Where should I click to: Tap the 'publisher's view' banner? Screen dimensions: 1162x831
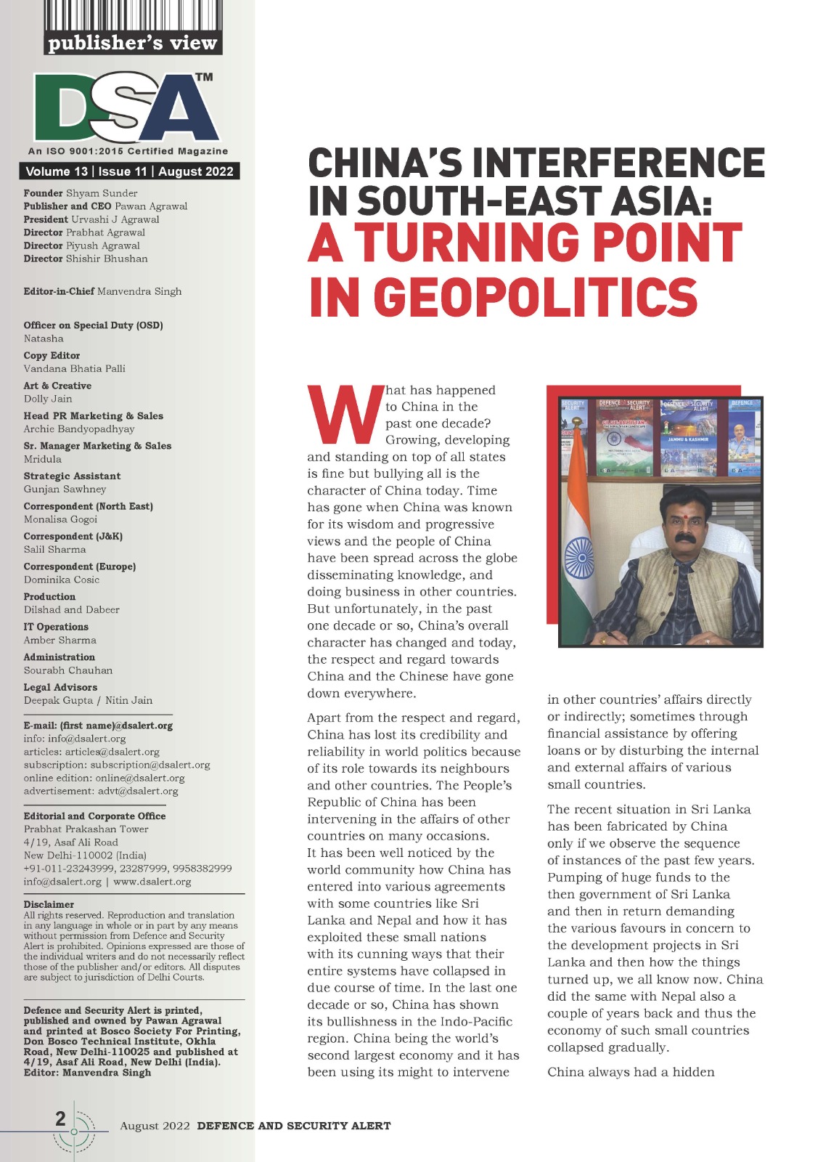point(132,44)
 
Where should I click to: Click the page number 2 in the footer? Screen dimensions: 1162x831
point(61,1118)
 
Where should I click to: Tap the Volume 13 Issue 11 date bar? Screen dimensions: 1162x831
point(129,171)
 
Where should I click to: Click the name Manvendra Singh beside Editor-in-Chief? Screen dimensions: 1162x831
point(139,291)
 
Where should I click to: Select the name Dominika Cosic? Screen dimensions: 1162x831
point(62,580)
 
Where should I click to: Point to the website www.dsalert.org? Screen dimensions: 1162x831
point(152,882)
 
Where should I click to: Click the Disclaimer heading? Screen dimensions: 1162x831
point(49,904)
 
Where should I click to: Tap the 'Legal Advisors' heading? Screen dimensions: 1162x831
point(60,687)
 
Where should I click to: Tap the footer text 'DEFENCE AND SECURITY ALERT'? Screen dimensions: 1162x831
point(294,1126)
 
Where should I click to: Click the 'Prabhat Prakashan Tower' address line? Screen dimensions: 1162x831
point(86,829)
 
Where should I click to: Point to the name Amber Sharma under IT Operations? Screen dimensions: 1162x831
point(60,640)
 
